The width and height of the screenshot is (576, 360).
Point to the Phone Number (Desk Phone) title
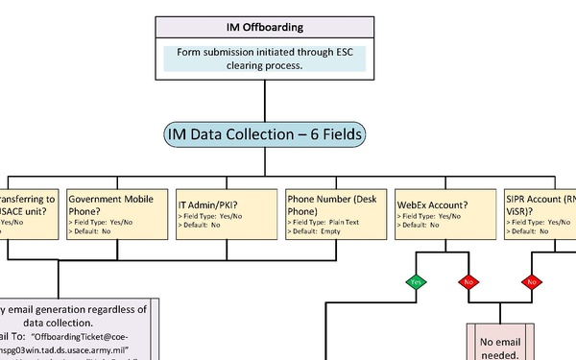pos(332,204)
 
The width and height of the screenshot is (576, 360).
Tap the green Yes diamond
pos(417,282)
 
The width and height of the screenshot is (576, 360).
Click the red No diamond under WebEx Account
pos(468,282)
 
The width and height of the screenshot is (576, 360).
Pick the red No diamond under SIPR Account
pos(530,282)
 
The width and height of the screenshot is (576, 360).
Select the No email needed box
pos(499,345)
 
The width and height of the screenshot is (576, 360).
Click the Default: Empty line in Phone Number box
pos(321,231)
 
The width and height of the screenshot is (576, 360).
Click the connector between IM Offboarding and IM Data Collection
pos(263,100)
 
